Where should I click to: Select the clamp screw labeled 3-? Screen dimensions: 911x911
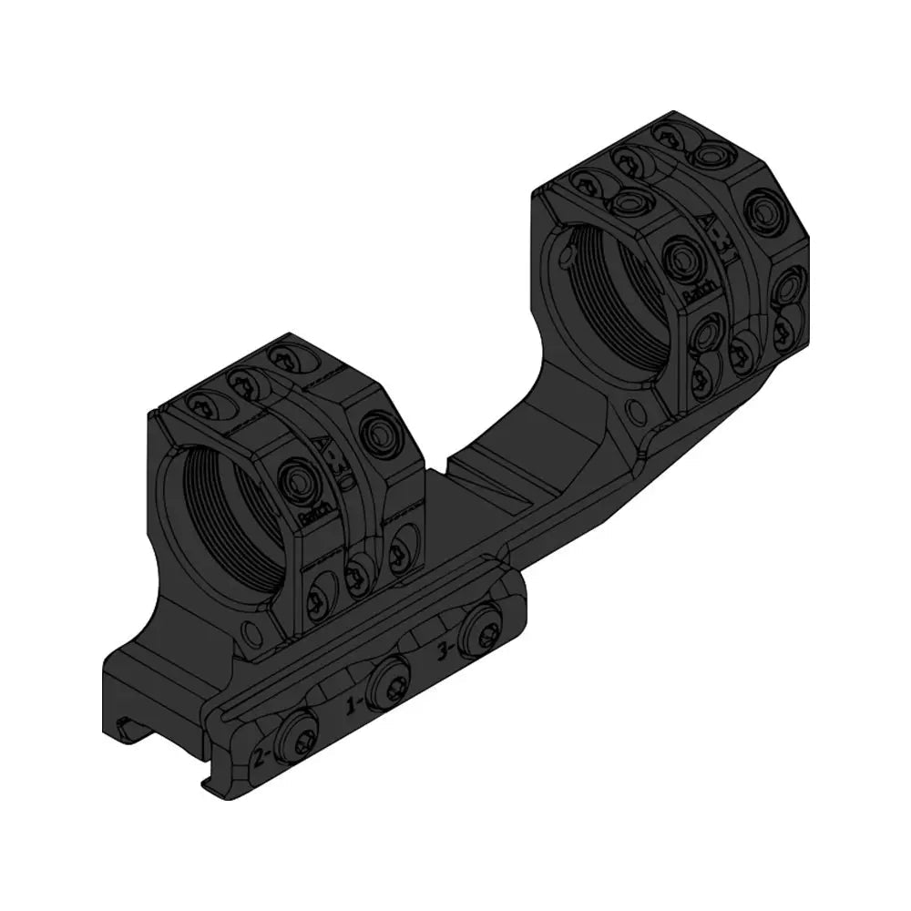[x=476, y=630]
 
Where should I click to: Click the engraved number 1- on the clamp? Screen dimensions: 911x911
[x=356, y=704]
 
